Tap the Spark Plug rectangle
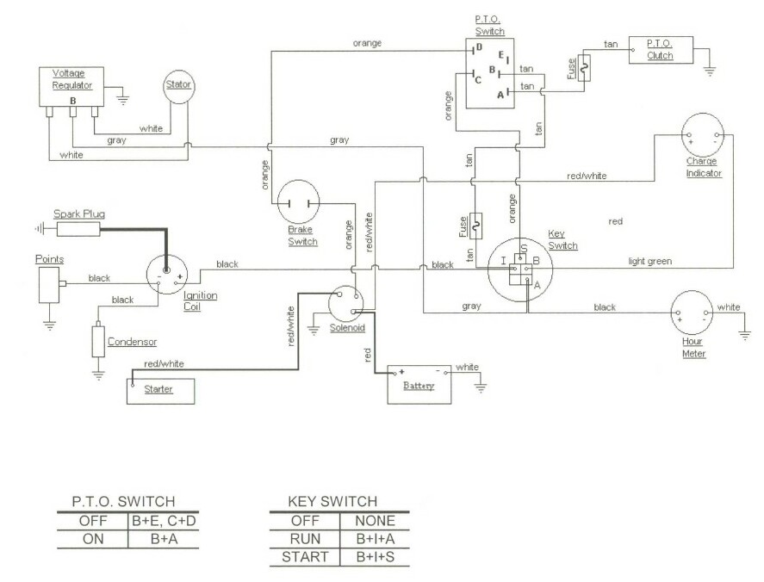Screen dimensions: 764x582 tap(78, 229)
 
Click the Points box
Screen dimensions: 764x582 tap(49, 284)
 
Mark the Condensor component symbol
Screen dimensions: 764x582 tap(98, 341)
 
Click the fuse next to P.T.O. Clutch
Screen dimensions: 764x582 tap(584, 68)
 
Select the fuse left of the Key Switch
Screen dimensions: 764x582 tap(476, 226)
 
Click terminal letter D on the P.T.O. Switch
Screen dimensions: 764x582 tap(480, 47)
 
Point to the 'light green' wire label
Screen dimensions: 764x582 tap(650, 261)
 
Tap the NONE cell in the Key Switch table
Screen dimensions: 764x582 tap(375, 521)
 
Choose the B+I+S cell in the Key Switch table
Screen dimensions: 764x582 tap(375, 556)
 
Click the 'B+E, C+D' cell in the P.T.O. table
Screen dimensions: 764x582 tap(164, 521)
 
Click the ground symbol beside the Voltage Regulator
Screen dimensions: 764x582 tap(123, 99)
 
